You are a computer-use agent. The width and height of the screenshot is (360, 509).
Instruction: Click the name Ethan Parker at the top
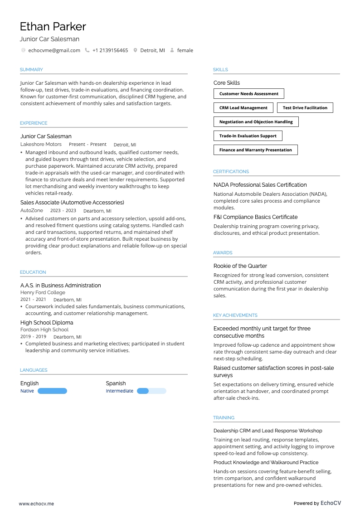click(53, 26)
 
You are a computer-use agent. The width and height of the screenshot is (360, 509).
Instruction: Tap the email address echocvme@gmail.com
click(54, 50)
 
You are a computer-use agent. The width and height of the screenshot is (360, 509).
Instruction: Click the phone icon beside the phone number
click(87, 50)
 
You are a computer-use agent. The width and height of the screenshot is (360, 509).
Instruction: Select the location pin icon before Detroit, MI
click(135, 50)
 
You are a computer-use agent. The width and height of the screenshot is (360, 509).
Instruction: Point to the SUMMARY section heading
click(31, 70)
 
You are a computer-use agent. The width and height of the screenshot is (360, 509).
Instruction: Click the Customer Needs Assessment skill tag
click(248, 94)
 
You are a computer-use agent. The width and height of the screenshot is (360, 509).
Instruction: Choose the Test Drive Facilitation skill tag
click(305, 108)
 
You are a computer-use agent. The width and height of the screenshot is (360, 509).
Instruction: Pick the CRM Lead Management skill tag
click(243, 108)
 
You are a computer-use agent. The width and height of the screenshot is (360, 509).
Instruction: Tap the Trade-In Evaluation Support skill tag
click(248, 136)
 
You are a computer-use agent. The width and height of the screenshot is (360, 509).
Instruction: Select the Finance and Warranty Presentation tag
click(255, 150)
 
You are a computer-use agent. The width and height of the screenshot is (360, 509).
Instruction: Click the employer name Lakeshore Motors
click(41, 144)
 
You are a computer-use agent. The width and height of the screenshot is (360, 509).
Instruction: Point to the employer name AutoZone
click(32, 210)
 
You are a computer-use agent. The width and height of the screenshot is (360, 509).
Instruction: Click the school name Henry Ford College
click(43, 292)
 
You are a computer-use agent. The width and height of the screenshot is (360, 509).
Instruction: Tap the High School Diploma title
click(47, 323)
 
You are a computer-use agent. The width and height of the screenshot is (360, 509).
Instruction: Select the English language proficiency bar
click(52, 391)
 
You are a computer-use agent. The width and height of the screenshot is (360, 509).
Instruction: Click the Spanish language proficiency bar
click(151, 391)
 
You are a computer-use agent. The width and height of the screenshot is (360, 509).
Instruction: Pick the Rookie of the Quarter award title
click(240, 266)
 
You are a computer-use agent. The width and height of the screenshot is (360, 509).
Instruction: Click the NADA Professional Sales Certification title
click(260, 185)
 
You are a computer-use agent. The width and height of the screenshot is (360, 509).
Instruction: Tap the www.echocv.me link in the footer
click(36, 503)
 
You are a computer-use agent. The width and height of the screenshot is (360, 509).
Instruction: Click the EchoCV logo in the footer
click(331, 503)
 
